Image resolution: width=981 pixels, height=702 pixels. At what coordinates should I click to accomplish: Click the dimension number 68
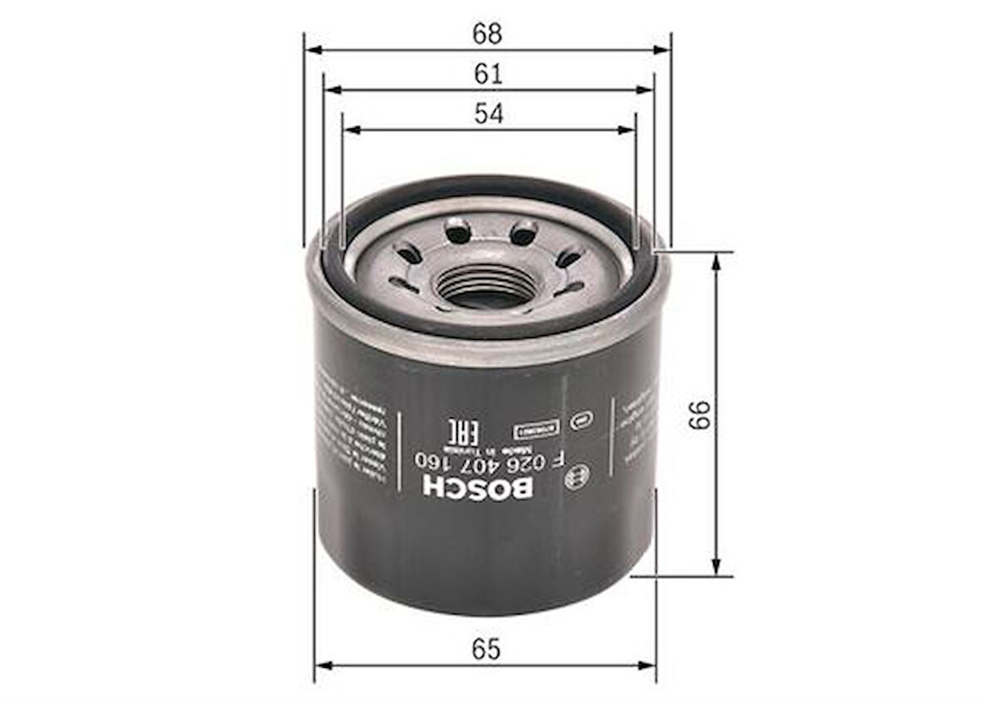pos(488,34)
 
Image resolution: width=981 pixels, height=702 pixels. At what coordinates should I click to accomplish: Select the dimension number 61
pos(489,74)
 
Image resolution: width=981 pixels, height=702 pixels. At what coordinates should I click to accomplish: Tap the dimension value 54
pos(489,114)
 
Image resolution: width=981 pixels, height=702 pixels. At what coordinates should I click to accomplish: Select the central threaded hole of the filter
pos(485,287)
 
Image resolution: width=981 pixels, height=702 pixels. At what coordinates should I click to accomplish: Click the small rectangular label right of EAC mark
pos(525,432)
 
